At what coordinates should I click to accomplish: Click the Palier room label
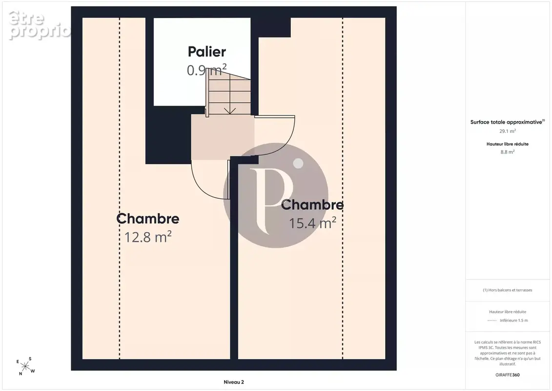(206, 52)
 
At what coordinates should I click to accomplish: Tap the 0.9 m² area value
(206, 70)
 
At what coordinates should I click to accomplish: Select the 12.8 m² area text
(148, 237)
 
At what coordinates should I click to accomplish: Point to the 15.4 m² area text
(313, 222)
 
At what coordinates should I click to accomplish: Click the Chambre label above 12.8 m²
(148, 218)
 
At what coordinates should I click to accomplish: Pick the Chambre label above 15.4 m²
(312, 204)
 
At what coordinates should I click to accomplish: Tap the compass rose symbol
(25, 367)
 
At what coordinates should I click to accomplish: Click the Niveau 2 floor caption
(234, 382)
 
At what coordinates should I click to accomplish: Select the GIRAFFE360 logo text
(507, 375)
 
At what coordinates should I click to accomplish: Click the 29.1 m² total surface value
(508, 131)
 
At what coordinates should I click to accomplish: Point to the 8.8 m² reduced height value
(508, 152)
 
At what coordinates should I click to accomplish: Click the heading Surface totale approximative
(507, 122)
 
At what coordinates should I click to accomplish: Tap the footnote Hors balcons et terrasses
(507, 290)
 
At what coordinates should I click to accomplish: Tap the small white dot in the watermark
(299, 163)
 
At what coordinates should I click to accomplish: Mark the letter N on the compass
(20, 374)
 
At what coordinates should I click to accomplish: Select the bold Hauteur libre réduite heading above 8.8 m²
(507, 144)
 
